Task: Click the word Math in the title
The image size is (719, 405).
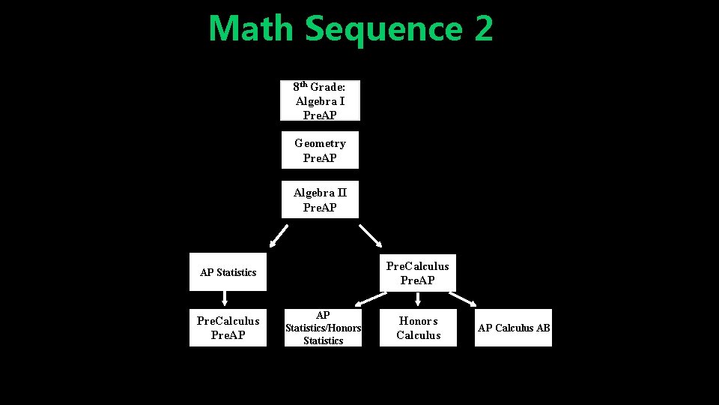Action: pyautogui.click(x=252, y=28)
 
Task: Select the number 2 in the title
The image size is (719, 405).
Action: pyautogui.click(x=483, y=28)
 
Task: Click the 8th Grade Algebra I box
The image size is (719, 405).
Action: pyautogui.click(x=320, y=100)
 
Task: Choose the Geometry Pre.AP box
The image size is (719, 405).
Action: pyautogui.click(x=320, y=150)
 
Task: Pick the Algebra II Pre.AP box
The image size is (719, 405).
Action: pyautogui.click(x=320, y=199)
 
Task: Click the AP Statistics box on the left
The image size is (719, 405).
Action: pyautogui.click(x=228, y=272)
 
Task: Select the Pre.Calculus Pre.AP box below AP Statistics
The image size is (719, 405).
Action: pyautogui.click(x=228, y=328)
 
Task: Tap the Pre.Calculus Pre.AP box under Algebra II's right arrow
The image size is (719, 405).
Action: pyautogui.click(x=417, y=273)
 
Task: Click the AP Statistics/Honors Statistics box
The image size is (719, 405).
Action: pyautogui.click(x=323, y=328)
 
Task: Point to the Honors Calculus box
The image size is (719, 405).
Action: pyautogui.click(x=418, y=328)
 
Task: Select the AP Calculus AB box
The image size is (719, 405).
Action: pyautogui.click(x=514, y=328)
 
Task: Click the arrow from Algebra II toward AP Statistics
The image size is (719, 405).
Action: pyautogui.click(x=279, y=235)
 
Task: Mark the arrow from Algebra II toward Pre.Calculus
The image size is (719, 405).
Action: pyautogui.click(x=371, y=235)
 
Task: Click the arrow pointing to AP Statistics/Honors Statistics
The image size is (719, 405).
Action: pyautogui.click(x=369, y=299)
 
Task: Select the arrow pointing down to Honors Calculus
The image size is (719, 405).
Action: pyautogui.click(x=418, y=299)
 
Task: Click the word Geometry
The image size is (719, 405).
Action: pyautogui.click(x=320, y=143)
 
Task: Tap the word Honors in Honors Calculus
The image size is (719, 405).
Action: pyautogui.click(x=418, y=321)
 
